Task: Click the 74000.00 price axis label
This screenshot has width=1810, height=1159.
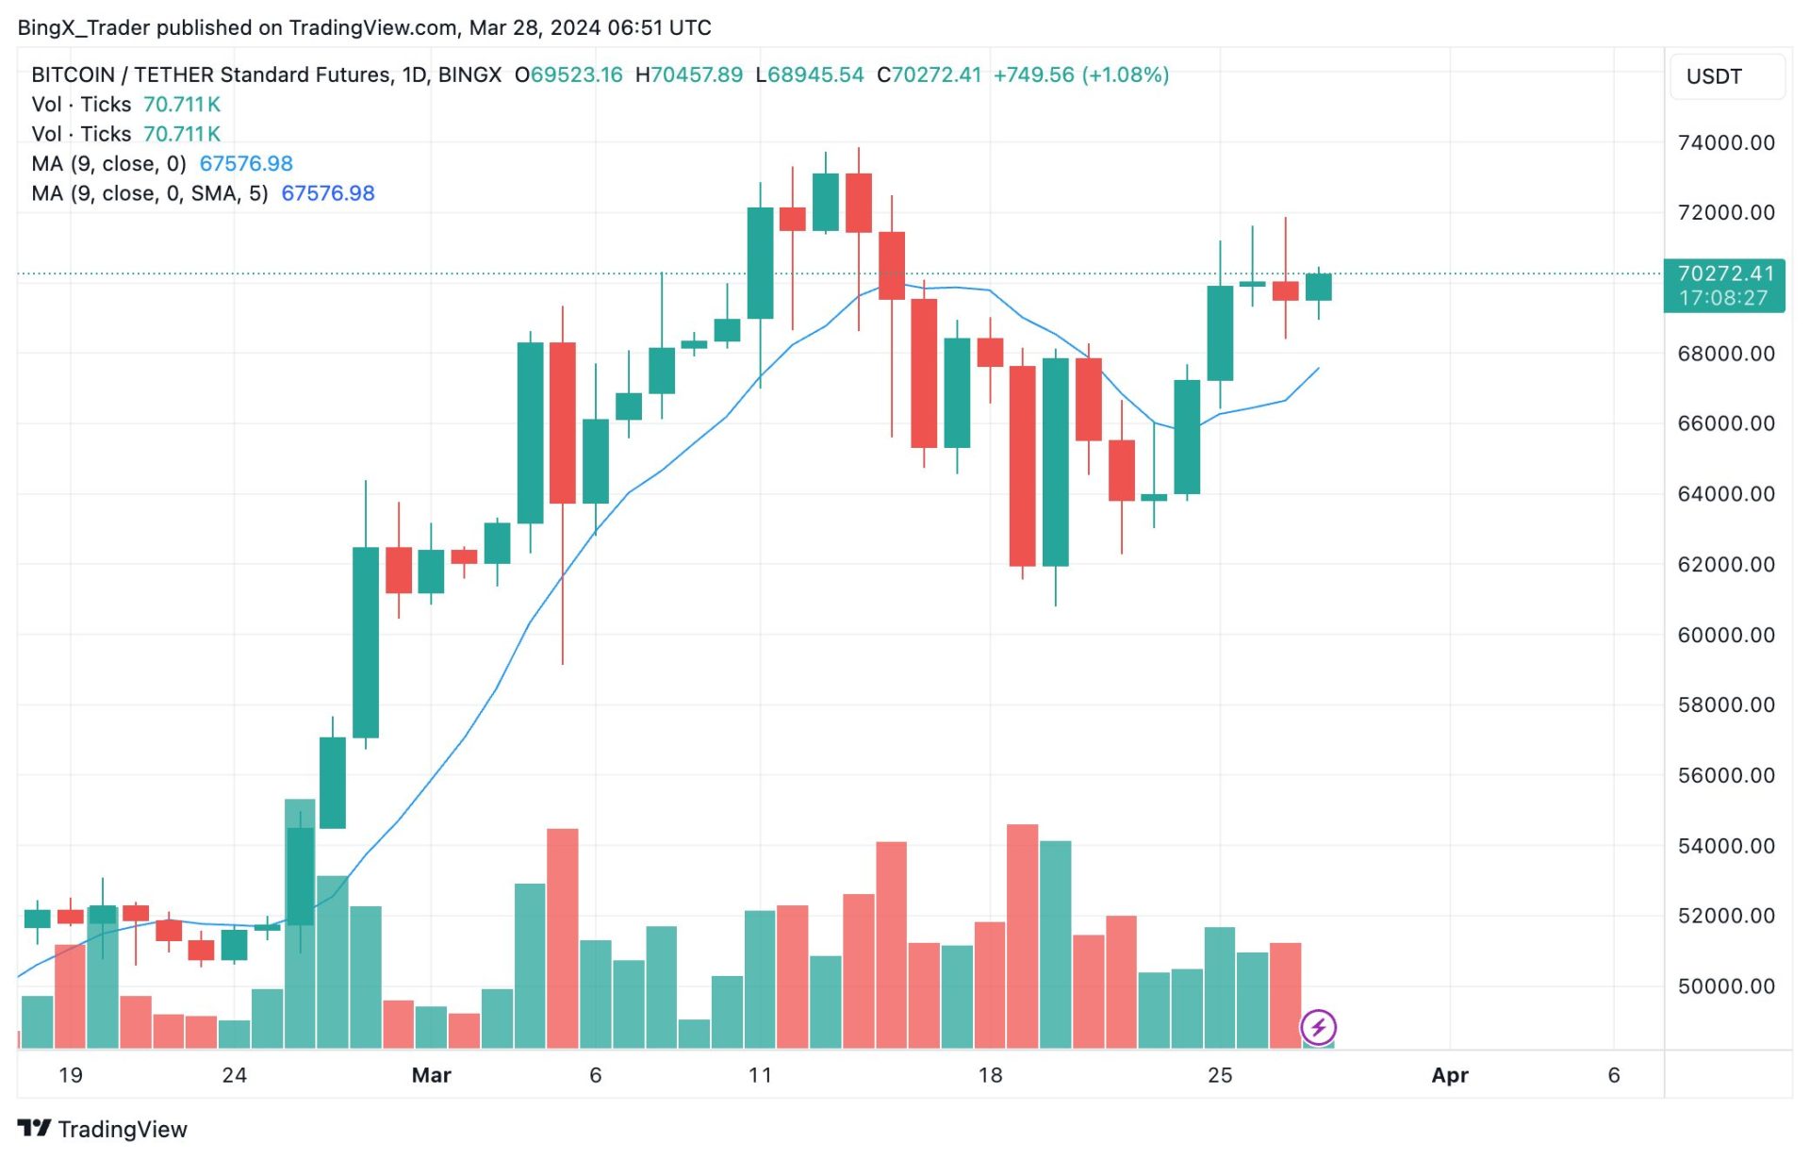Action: (x=1725, y=143)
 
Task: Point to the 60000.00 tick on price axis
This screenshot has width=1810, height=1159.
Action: (x=1725, y=635)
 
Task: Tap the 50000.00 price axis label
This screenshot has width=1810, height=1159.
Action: (x=1725, y=986)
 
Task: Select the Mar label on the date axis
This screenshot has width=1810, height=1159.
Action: (x=431, y=1075)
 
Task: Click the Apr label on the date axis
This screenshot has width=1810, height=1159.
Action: (x=1449, y=1075)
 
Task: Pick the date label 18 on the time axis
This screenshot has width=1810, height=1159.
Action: (x=990, y=1075)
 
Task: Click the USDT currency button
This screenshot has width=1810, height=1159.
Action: (x=1713, y=76)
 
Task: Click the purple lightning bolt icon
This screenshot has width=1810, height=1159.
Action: (x=1318, y=1027)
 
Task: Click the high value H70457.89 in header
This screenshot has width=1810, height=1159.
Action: (x=689, y=75)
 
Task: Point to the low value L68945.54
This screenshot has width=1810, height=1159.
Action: (x=810, y=75)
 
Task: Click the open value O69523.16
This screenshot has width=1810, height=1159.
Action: (x=568, y=75)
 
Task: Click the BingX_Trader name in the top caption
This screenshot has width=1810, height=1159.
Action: (x=83, y=27)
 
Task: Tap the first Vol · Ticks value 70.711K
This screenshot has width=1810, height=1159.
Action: (x=182, y=105)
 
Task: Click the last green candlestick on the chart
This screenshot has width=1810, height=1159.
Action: (x=1318, y=287)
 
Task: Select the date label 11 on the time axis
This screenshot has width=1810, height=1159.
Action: (x=760, y=1075)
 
